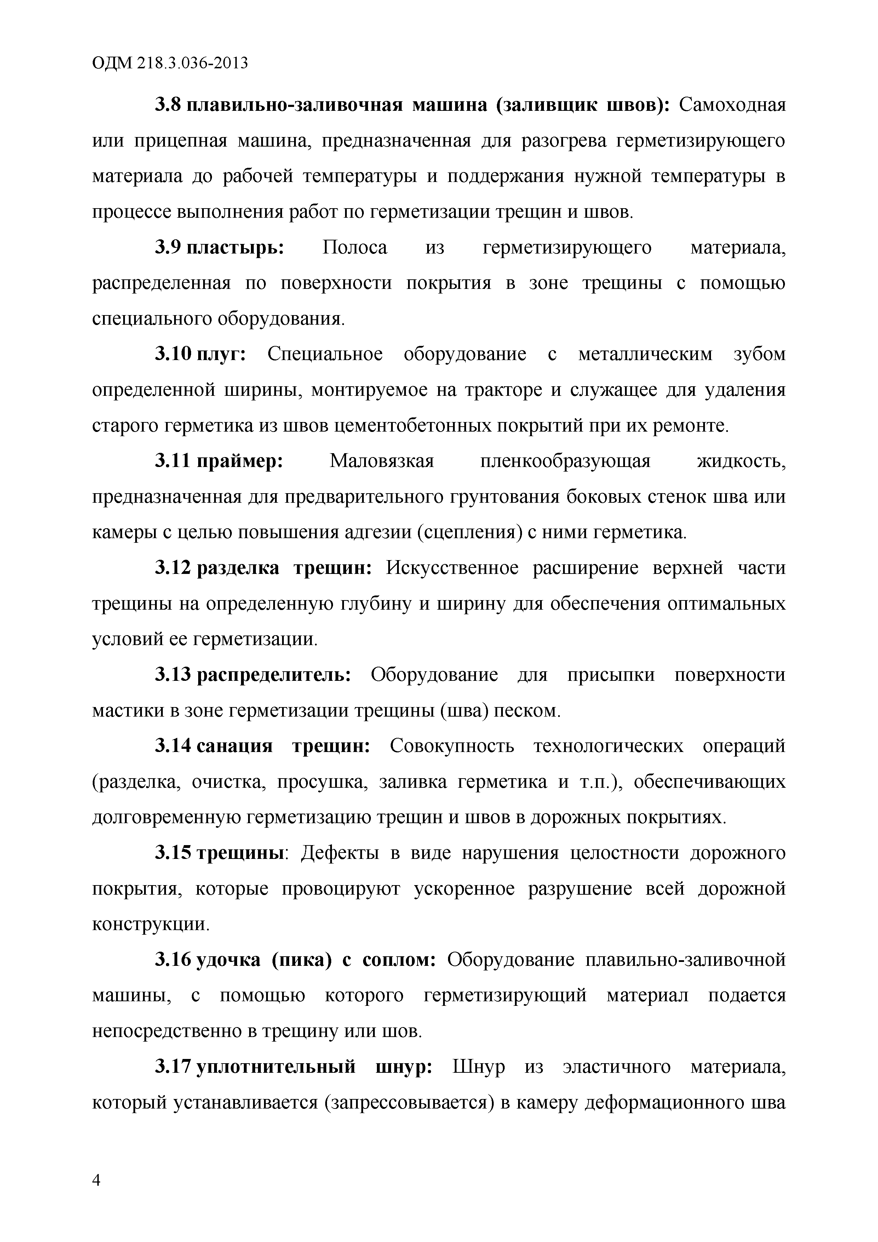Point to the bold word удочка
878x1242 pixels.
click(x=228, y=960)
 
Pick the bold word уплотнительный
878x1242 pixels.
click(x=276, y=1067)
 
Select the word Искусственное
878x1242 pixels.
click(x=452, y=568)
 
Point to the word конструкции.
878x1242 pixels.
click(x=150, y=925)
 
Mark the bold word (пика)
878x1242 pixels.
click(x=300, y=960)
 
